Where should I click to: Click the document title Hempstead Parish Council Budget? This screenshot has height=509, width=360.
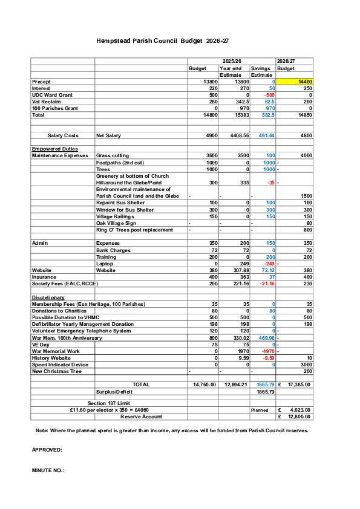click(x=163, y=41)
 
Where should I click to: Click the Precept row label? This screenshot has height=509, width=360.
click(x=41, y=81)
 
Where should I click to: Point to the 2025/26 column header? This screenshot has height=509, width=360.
click(x=232, y=61)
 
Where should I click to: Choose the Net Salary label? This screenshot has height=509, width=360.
click(x=109, y=135)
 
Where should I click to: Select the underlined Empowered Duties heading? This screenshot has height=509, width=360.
click(x=54, y=149)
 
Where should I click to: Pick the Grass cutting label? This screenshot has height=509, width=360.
click(x=113, y=155)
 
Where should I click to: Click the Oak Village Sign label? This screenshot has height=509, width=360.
click(x=116, y=223)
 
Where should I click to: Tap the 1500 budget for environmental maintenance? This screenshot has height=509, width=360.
click(x=305, y=196)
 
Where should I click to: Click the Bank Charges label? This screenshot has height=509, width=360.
click(x=113, y=250)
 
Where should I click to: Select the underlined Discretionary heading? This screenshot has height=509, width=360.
click(x=48, y=297)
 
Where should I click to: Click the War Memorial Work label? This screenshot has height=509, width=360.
click(x=56, y=351)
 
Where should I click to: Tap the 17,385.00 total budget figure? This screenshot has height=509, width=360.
click(x=298, y=384)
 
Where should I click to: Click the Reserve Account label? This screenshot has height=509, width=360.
click(x=141, y=417)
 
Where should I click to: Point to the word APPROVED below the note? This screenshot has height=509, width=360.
click(x=47, y=450)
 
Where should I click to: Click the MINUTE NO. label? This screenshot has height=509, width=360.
click(x=48, y=470)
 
